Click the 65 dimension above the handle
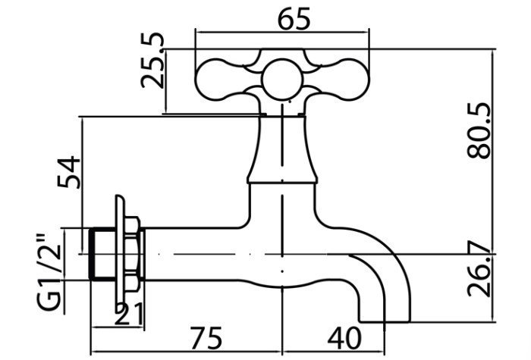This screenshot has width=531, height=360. coord(294,19)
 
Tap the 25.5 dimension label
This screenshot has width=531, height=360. coord(152,61)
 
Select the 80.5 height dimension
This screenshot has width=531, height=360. coord(479,130)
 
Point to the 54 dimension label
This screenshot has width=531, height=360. coord(69,172)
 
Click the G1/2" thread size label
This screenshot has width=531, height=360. coord(50,273)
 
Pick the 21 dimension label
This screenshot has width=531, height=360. coord(129,315)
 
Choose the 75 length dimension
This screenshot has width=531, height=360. coord(206,338)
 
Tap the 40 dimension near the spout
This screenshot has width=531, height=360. coord(344,338)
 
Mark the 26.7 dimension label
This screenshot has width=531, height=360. coord(479,269)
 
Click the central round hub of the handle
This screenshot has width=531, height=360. coord(282,80)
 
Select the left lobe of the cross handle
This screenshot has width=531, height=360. coord(220,80)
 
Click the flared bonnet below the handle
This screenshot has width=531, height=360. coord(282,149)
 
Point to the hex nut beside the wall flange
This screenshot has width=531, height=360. coord(132,254)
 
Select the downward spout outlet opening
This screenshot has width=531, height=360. coord(385,321)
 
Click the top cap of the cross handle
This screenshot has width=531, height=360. coord(282,54)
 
